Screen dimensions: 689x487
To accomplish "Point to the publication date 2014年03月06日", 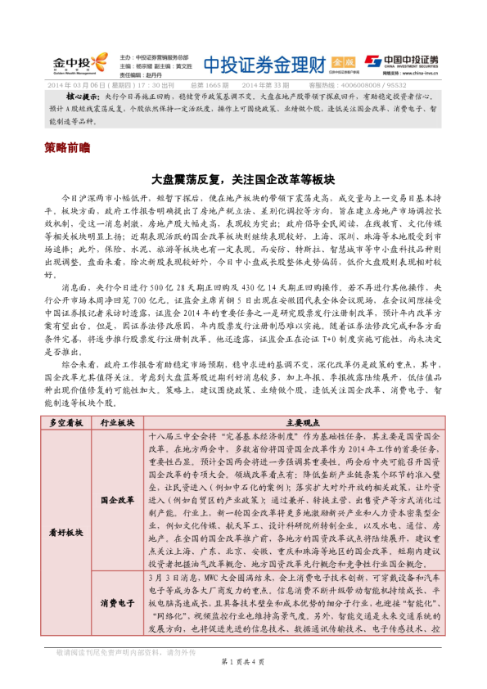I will [81, 84].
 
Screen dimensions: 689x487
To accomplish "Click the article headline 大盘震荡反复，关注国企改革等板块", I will [243, 177].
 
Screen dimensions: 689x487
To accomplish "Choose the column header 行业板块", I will [116, 422].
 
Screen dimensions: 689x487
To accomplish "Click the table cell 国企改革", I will [116, 498].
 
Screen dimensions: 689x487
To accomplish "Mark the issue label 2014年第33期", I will [266, 84].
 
